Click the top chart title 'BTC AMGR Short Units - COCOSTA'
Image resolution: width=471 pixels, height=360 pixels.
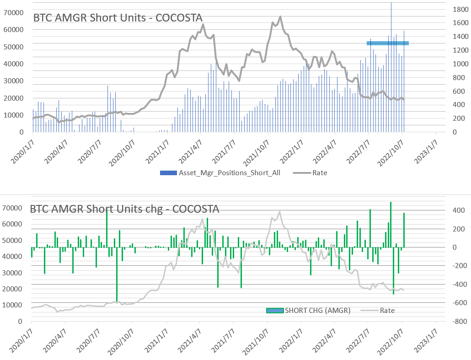pos(118,18)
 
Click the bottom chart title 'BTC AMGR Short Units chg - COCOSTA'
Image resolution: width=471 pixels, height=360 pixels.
pos(124,209)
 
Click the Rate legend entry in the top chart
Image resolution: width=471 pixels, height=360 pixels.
pos(320,173)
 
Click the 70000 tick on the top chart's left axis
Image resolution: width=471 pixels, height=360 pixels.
pos(14,12)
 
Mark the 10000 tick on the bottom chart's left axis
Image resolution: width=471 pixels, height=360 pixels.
pos(14,305)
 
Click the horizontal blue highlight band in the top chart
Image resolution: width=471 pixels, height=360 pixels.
pos(388,43)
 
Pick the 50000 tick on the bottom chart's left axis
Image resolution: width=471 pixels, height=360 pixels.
pos(14,240)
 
